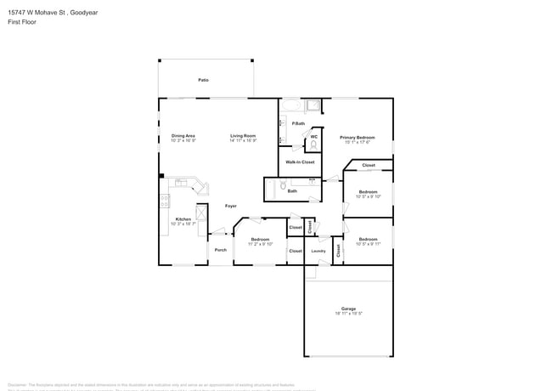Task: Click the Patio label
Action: click(x=204, y=80)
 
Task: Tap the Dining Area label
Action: click(x=183, y=136)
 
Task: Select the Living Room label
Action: click(x=243, y=136)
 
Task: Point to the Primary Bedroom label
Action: click(x=358, y=137)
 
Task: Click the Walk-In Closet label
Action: click(x=300, y=161)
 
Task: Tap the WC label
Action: click(x=313, y=136)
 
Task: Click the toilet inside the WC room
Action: click(x=313, y=144)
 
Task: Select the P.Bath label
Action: click(x=298, y=124)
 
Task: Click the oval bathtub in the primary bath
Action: click(x=291, y=106)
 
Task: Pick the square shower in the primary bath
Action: click(x=313, y=106)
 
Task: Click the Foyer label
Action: click(x=230, y=207)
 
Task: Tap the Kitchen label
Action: click(x=183, y=219)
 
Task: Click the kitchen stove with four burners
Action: click(x=164, y=201)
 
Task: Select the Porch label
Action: click(x=221, y=250)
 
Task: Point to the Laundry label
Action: click(x=318, y=251)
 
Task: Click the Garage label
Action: click(x=348, y=309)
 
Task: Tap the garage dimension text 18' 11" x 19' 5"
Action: click(x=348, y=314)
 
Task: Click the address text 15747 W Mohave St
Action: click(x=38, y=12)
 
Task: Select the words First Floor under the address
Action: click(x=21, y=22)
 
